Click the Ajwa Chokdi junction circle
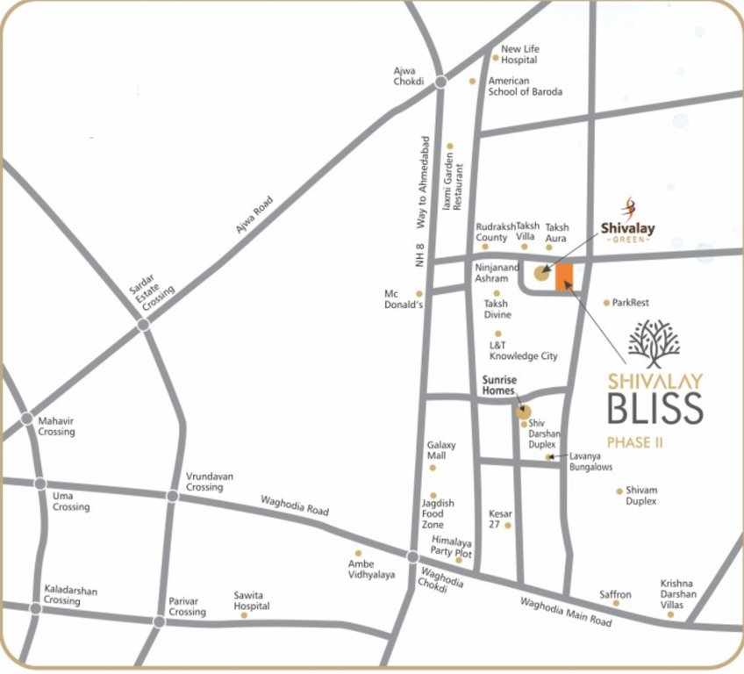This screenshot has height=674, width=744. (440, 82)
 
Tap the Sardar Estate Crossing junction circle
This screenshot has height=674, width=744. (144, 325)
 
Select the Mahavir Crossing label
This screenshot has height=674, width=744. (56, 427)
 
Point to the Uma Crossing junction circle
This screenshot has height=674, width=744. (39, 484)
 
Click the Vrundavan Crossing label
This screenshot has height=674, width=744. (210, 481)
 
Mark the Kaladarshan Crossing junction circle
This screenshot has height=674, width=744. (35, 607)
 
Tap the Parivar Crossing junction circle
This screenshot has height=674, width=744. (159, 622)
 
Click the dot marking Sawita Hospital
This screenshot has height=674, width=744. (244, 615)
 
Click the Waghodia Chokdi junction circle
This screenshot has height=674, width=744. (412, 556)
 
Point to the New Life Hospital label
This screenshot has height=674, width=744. (519, 54)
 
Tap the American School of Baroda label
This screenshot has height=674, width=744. (525, 86)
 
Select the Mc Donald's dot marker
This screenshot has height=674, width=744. (419, 294)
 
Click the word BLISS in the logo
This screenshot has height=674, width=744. (655, 409)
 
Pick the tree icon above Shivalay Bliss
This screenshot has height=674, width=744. (654, 343)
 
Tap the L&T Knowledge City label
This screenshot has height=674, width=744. (523, 351)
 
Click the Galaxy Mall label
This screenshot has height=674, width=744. (441, 450)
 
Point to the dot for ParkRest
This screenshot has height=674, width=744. (606, 303)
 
